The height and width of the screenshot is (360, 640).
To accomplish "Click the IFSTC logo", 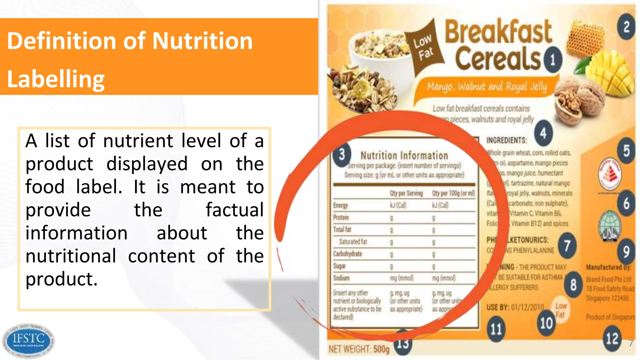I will click(x=28, y=340).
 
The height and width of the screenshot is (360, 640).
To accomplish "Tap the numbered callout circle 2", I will click(x=626, y=27).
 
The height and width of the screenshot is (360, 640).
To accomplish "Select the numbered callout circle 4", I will click(x=543, y=133).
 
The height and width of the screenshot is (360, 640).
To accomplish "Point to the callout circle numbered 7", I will click(x=567, y=246).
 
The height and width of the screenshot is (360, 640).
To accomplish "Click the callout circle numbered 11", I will click(x=496, y=329).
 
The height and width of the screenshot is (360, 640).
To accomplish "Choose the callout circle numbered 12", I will click(x=612, y=338).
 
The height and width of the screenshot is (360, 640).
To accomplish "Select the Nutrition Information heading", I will click(x=404, y=155).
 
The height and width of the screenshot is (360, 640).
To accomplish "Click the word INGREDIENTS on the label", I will click(x=507, y=140).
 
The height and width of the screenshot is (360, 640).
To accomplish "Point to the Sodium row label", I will click(x=341, y=278).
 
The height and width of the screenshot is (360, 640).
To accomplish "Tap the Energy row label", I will click(x=340, y=205).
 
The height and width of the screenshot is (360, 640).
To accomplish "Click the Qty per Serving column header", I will click(x=406, y=193).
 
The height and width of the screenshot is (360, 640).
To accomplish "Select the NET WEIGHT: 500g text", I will click(x=359, y=349).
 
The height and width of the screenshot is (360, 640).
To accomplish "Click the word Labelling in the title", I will click(x=56, y=79).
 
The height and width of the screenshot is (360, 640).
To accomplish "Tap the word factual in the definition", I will click(x=234, y=210).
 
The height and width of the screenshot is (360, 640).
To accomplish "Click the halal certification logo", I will click(x=609, y=226).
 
